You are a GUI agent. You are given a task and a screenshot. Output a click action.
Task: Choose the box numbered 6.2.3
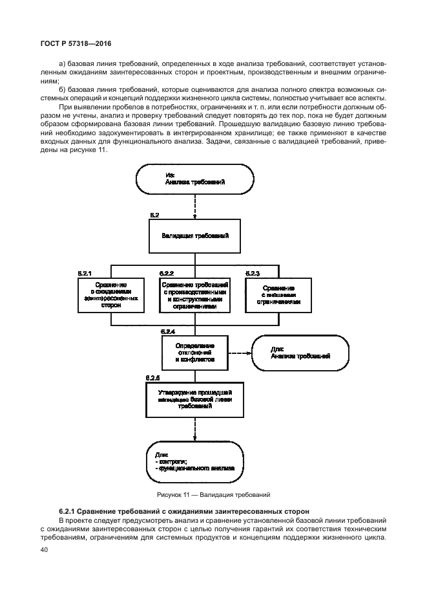(x=278, y=294)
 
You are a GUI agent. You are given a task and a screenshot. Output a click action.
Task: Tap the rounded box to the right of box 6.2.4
(x=300, y=353)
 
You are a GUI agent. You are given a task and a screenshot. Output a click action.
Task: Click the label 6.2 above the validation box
(x=154, y=213)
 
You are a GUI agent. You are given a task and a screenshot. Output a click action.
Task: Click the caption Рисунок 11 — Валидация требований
(x=213, y=495)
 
